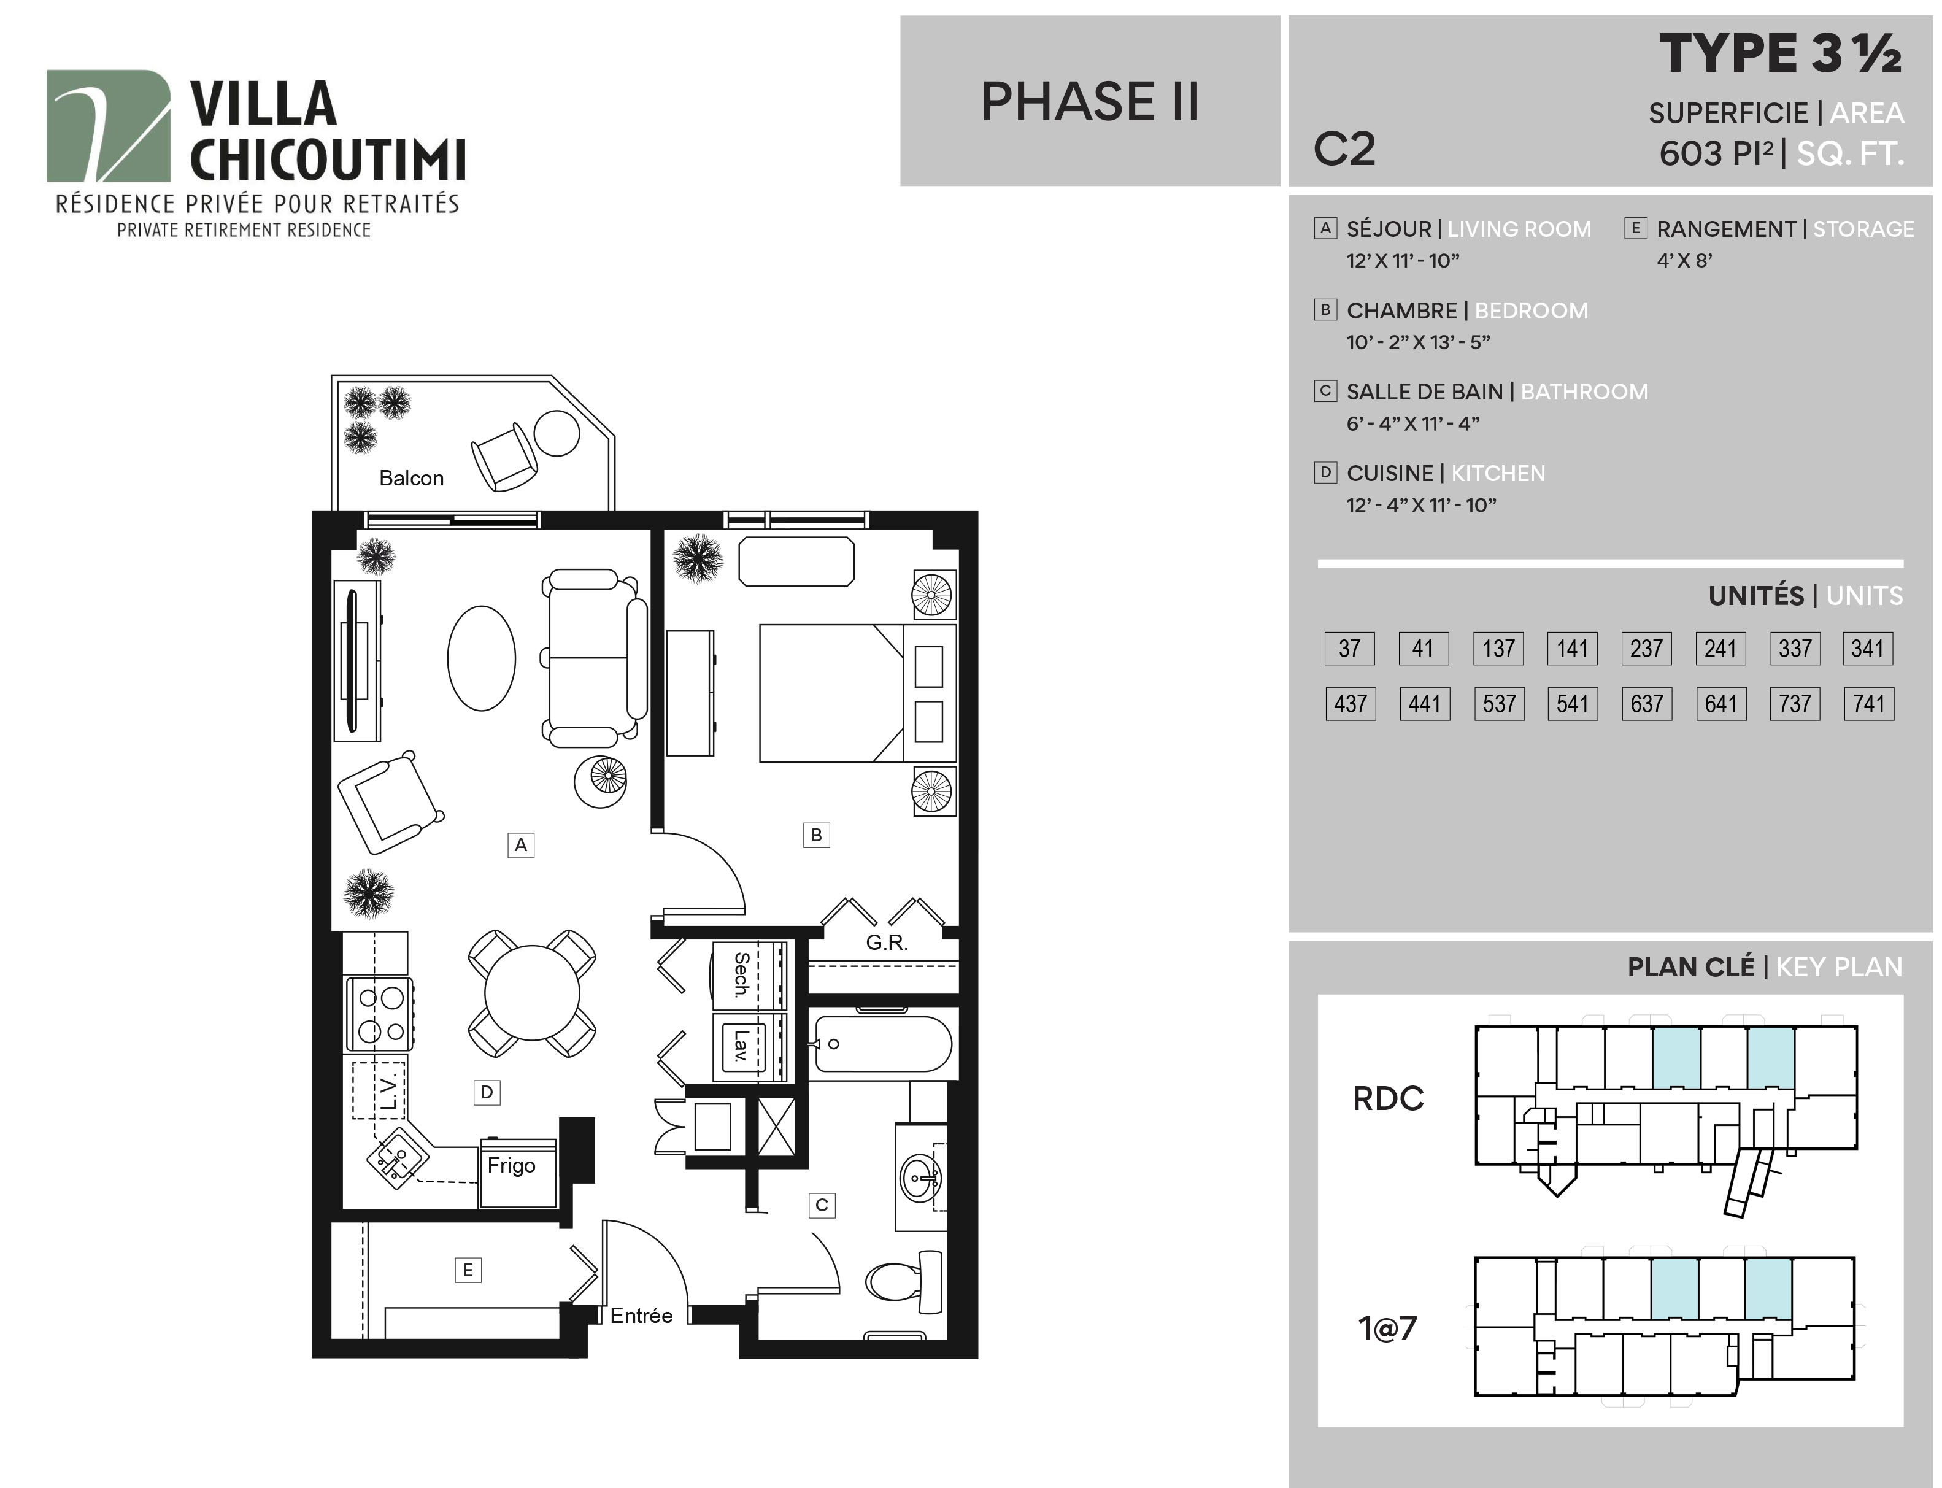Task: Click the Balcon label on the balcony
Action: coord(411,478)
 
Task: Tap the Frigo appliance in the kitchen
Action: coord(518,1172)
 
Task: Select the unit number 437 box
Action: coord(1351,704)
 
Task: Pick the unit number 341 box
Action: coord(1868,649)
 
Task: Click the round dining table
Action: coord(531,993)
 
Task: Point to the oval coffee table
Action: coord(482,658)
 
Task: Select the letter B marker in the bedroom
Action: coord(817,835)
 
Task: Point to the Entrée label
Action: coord(641,1316)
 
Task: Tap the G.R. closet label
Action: coord(887,943)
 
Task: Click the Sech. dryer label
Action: coord(742,974)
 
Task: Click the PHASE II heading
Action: coord(1090,101)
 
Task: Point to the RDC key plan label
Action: coord(1388,1099)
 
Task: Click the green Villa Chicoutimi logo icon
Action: coord(108,126)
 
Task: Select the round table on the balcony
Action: coord(556,433)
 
